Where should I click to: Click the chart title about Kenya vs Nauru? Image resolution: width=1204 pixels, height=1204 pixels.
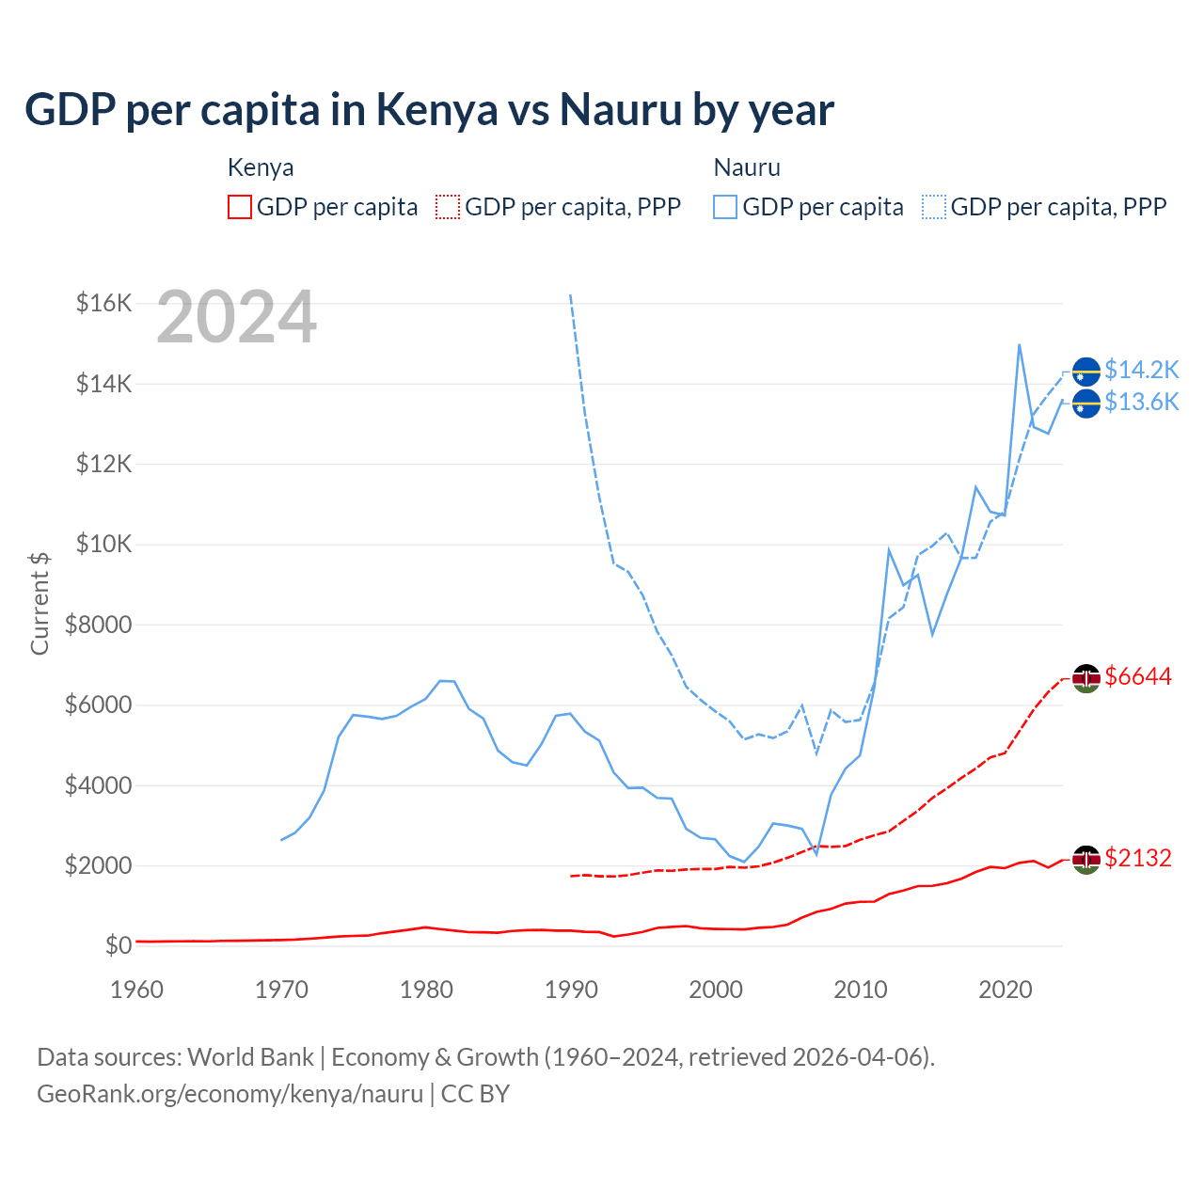pos(429,109)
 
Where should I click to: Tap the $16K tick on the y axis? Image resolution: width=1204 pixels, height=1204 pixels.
pos(103,303)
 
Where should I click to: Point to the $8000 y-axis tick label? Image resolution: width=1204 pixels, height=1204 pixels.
pos(98,625)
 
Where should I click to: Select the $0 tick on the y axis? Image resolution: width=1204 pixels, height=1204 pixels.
pos(118,945)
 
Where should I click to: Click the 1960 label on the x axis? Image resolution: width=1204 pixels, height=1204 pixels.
pos(136,990)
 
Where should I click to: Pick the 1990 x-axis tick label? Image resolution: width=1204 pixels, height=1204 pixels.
pos(571,990)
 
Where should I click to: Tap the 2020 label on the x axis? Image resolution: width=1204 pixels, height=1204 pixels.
pos(1006,990)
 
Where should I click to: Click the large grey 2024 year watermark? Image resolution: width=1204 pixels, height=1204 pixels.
pos(236,317)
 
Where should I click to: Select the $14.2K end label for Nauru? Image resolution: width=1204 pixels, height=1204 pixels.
pos(1141,370)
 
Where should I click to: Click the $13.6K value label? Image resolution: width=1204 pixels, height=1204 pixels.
pos(1141,402)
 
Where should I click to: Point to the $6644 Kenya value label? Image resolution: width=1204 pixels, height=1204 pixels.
pos(1138,676)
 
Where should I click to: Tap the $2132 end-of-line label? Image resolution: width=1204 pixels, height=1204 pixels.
pos(1138,858)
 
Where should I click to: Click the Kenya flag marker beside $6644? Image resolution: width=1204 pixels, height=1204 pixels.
pos(1086,677)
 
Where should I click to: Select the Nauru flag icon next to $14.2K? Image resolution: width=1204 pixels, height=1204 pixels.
pos(1086,372)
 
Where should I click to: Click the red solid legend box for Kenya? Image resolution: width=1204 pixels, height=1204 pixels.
pos(240,207)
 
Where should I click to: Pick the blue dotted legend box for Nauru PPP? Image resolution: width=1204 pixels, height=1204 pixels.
pos(934,207)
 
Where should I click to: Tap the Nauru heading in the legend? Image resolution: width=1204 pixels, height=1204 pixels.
pos(747,167)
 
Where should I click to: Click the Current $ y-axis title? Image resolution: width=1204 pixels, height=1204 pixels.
pos(40,603)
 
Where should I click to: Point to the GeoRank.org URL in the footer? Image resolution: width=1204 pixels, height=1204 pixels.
pos(230,1094)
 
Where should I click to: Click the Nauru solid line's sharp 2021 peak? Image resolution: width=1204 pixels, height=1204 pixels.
pos(1020,344)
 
